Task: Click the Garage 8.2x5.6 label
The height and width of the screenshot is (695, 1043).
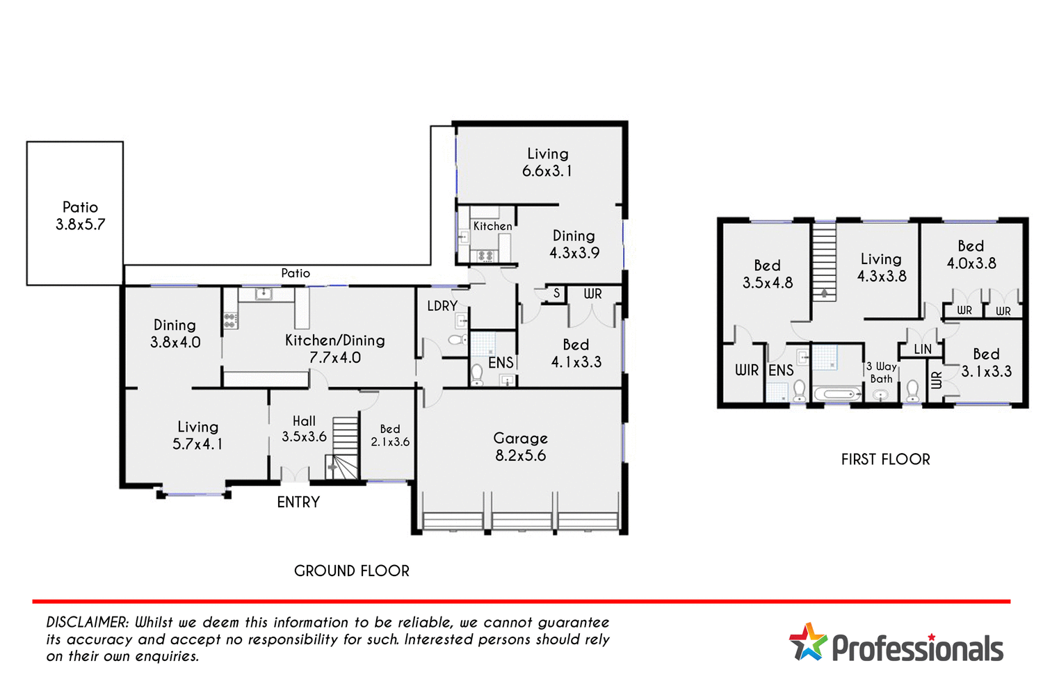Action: (520, 447)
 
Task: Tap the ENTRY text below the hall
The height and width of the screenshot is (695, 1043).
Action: (298, 502)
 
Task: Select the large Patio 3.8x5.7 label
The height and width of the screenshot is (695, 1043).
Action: (80, 215)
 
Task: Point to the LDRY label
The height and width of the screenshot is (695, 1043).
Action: (442, 306)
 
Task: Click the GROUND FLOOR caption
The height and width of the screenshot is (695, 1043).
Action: (351, 571)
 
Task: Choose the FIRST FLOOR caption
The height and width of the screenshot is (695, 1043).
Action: (885, 459)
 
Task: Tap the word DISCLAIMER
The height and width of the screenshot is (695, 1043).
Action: (87, 622)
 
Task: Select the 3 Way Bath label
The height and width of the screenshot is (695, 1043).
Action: (881, 373)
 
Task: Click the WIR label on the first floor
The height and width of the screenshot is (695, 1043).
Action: (747, 370)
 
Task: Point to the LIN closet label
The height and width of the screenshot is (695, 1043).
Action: (923, 349)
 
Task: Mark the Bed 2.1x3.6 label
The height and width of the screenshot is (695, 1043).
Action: (390, 436)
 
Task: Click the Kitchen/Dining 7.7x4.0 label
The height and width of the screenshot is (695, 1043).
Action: (334, 349)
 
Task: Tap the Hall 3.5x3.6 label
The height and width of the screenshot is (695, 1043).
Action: (304, 429)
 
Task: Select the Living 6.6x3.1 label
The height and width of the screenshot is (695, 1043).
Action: (547, 162)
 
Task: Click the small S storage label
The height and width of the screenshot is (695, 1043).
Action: (556, 293)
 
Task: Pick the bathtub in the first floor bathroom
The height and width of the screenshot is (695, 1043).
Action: (838, 394)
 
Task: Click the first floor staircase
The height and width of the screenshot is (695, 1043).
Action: (824, 261)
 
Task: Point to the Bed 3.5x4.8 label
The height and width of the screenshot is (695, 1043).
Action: (767, 274)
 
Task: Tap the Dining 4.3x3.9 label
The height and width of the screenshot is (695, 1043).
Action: (574, 244)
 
